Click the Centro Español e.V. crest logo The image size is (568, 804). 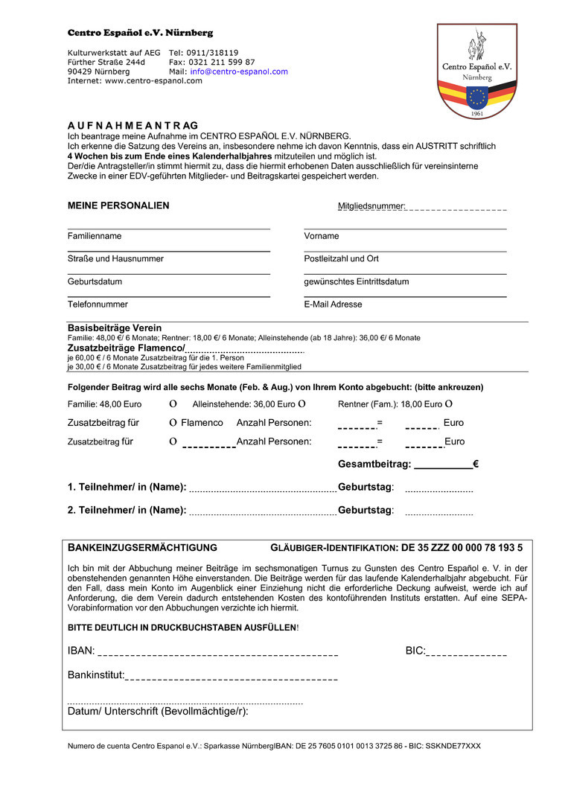pyautogui.click(x=477, y=71)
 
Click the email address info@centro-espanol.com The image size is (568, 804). pyautogui.click(x=238, y=71)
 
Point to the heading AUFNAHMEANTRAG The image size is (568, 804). pyautogui.click(x=133, y=125)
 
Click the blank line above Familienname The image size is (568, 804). pyautogui.click(x=168, y=227)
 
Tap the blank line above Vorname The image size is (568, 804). pyautogui.click(x=405, y=227)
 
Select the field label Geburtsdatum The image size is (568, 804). pyautogui.click(x=95, y=282)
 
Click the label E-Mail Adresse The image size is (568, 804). pyautogui.click(x=333, y=304)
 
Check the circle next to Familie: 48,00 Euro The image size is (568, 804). pyautogui.click(x=173, y=404)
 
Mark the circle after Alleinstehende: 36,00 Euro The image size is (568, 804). pyautogui.click(x=301, y=404)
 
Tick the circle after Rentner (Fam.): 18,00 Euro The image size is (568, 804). pyautogui.click(x=448, y=404)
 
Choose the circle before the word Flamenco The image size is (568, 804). pyautogui.click(x=173, y=423)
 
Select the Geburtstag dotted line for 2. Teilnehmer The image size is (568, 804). pyautogui.click(x=438, y=514)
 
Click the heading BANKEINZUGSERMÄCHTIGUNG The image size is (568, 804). pyautogui.click(x=142, y=548)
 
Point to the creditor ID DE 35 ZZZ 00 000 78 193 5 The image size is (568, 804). pyautogui.click(x=462, y=548)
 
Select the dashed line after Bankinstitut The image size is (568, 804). pyautogui.click(x=231, y=678)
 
